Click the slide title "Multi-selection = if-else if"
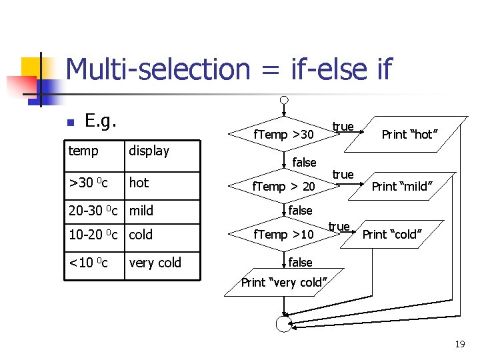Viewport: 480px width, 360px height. click(229, 69)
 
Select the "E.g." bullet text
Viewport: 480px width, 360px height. click(101, 121)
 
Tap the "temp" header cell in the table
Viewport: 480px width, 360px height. click(83, 151)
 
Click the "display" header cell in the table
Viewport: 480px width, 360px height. click(149, 151)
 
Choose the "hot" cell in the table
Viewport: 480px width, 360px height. click(139, 183)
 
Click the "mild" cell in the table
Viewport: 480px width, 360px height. click(141, 211)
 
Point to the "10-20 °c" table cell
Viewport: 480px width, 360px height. click(93, 235)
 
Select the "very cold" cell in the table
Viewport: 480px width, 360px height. click(155, 263)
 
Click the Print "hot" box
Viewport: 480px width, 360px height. click(409, 135)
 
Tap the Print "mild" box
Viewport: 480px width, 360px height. click(401, 186)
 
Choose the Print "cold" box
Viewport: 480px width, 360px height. click(391, 234)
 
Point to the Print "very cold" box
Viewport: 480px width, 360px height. click(284, 283)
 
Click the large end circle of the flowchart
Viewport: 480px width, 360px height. click(284, 323)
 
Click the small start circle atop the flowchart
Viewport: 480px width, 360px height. click(284, 101)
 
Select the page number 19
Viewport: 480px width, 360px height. click(459, 345)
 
